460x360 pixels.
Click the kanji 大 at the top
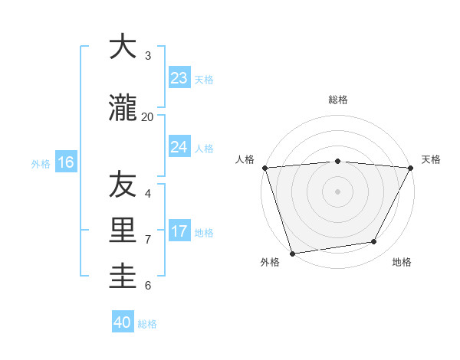click(123, 47)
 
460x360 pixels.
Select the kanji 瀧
click(123, 109)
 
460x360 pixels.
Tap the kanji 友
click(123, 185)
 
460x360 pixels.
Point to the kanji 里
click(123, 231)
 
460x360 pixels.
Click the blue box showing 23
click(179, 78)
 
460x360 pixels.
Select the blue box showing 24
click(179, 147)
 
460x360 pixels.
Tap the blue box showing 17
click(179, 231)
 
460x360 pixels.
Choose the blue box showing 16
click(65, 162)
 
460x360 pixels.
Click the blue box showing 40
click(123, 322)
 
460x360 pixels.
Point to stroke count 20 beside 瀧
click(147, 117)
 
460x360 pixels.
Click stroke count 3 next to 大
click(148, 56)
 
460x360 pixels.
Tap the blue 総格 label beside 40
click(147, 324)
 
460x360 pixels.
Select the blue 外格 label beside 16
click(41, 163)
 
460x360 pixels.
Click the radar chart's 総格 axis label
click(338, 100)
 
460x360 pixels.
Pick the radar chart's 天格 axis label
click(432, 159)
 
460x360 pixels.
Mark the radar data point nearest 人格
click(264, 168)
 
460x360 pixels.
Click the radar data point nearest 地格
click(374, 242)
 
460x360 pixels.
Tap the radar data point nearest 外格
click(292, 253)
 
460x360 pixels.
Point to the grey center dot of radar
click(337, 191)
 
